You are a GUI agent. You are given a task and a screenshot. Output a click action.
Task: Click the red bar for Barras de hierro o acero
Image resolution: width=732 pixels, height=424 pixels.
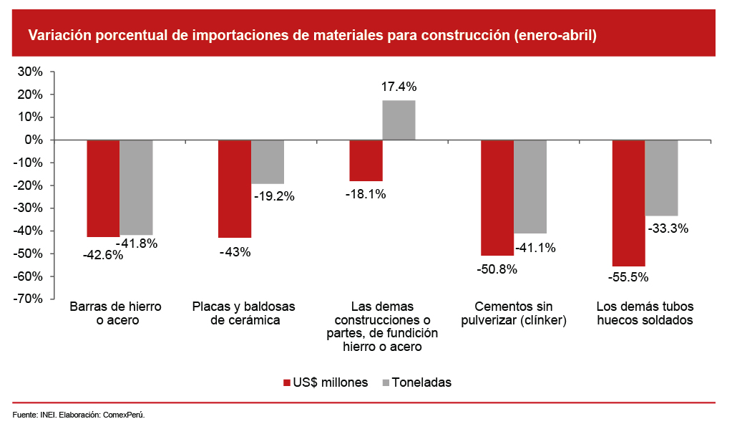pyautogui.click(x=103, y=188)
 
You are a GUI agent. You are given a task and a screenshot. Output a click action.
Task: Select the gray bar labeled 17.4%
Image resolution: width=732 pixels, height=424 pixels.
pyautogui.click(x=399, y=120)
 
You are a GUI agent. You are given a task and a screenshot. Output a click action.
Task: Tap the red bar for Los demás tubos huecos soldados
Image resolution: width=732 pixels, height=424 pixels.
pyautogui.click(x=628, y=203)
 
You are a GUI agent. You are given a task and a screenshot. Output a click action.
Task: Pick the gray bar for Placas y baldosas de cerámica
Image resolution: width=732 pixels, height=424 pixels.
pyautogui.click(x=268, y=162)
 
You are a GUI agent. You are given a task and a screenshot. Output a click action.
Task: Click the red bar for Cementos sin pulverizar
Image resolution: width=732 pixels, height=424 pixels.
pyautogui.click(x=497, y=198)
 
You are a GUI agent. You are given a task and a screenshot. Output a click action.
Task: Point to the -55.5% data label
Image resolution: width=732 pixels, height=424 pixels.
pyautogui.click(x=628, y=276)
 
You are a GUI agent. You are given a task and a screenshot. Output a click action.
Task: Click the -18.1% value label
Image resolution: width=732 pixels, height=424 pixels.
pyautogui.click(x=366, y=193)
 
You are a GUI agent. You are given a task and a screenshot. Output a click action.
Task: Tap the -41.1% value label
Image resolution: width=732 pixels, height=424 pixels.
pyautogui.click(x=536, y=248)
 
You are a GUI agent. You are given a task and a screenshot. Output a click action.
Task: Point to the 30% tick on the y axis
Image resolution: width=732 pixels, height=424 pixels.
pyautogui.click(x=31, y=72)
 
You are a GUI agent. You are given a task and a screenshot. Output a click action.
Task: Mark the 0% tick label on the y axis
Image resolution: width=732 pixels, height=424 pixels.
pyautogui.click(x=34, y=140)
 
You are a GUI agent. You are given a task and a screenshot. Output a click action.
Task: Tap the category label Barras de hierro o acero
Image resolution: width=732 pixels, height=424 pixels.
pyautogui.click(x=115, y=314)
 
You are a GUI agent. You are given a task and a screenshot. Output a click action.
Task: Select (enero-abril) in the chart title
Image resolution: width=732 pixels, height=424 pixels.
pyautogui.click(x=555, y=34)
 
